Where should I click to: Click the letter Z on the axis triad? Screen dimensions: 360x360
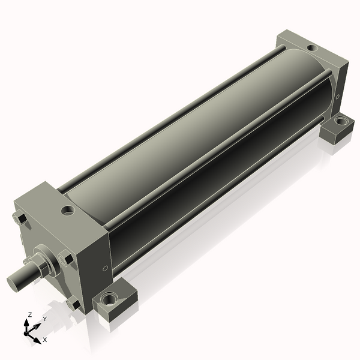(x=29, y=315)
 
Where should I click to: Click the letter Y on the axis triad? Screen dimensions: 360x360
(x=45, y=319)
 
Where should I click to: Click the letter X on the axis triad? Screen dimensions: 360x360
(x=45, y=340)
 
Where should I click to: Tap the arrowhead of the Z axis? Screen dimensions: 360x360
(x=26, y=323)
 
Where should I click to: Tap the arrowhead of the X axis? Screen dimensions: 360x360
(x=37, y=340)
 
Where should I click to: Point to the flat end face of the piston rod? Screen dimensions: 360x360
(x=11, y=284)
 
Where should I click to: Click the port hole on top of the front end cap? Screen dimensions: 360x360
(x=68, y=210)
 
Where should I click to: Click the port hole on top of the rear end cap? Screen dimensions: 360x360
(x=312, y=48)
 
